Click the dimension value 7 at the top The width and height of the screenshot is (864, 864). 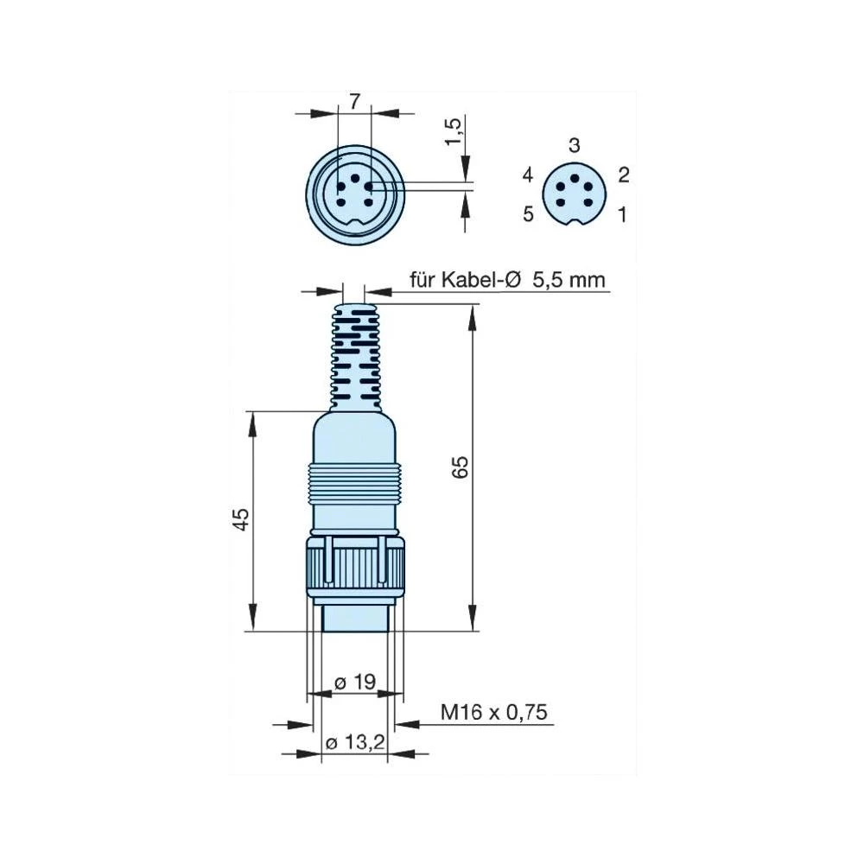354,100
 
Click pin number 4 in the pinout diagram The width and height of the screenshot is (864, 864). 528,175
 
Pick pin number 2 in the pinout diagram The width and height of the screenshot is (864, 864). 624,175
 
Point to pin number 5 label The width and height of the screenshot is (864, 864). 528,213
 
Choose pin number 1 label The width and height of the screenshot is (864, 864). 622,213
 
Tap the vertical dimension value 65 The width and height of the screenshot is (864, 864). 461,467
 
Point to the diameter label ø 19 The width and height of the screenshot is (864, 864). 355,683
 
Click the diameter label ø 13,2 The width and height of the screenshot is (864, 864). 354,743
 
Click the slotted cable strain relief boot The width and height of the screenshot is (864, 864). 355,354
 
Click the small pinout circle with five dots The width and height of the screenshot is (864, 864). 569,194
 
